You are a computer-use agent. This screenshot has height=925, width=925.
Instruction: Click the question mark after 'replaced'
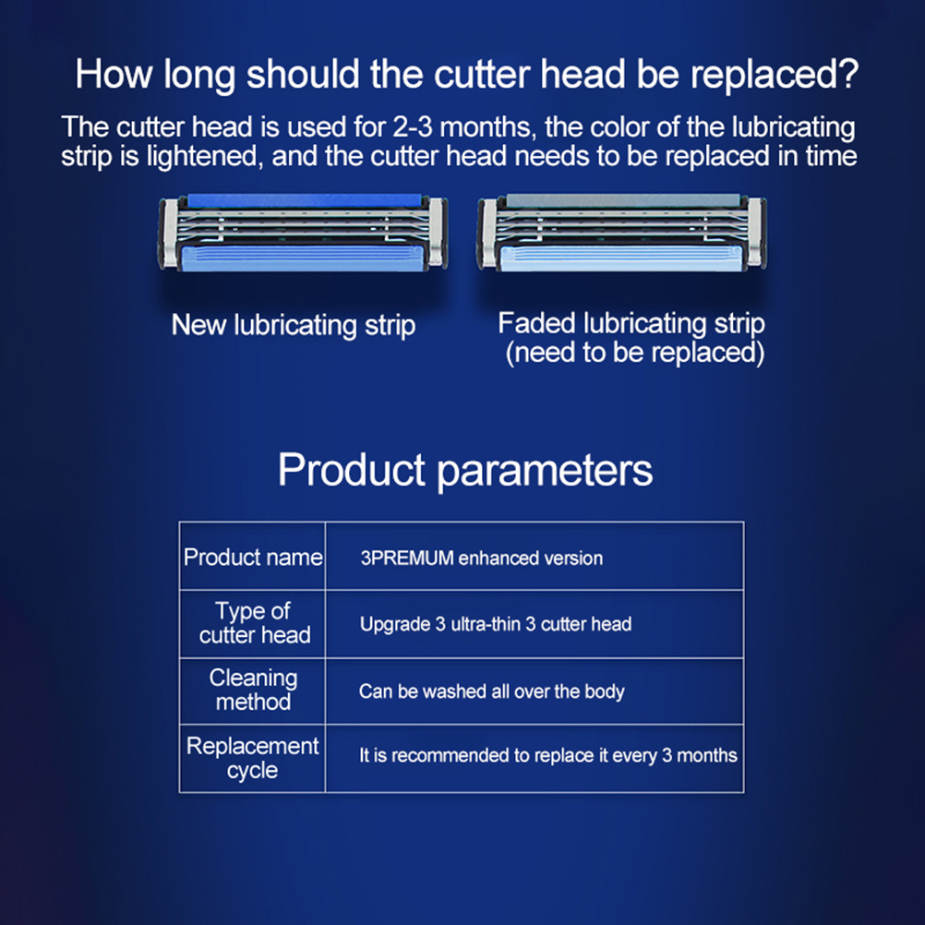(x=847, y=75)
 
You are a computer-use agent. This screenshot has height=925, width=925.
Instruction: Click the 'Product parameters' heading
(x=465, y=470)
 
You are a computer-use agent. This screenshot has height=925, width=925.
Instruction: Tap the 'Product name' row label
(x=253, y=558)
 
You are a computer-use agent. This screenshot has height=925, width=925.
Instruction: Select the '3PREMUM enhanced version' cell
(x=481, y=559)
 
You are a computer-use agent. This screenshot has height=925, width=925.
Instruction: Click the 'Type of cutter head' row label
(x=254, y=623)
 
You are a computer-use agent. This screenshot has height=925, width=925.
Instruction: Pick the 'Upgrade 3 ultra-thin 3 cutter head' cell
(x=496, y=624)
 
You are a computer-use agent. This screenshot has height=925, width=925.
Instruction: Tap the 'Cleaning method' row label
(x=253, y=690)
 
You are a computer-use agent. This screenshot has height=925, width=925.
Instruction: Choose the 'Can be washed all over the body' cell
(x=491, y=691)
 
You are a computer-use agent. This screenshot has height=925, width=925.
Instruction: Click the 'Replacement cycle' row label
(x=253, y=758)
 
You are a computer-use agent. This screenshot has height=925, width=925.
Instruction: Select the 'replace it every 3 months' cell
(x=548, y=756)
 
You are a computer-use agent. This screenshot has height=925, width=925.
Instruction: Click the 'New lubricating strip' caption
(x=294, y=325)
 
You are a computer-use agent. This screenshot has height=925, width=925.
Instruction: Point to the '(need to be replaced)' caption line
(x=635, y=353)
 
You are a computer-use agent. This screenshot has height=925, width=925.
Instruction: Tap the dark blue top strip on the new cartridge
(x=305, y=200)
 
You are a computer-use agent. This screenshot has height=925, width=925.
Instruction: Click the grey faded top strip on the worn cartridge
(x=623, y=200)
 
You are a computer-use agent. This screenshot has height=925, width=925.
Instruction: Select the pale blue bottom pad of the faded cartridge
(x=620, y=259)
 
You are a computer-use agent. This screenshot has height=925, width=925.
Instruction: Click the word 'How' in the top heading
(x=114, y=75)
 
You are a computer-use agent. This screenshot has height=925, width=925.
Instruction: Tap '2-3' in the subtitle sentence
(x=413, y=127)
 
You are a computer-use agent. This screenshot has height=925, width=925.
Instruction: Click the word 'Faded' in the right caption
(x=536, y=323)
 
